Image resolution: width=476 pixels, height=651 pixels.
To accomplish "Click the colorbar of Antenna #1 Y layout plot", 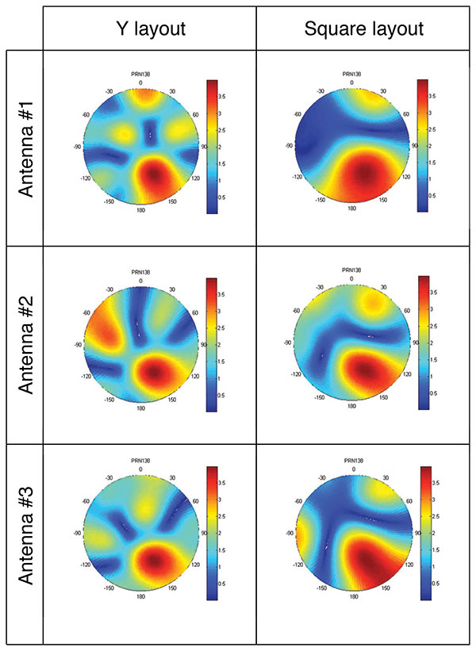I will pos(211,147).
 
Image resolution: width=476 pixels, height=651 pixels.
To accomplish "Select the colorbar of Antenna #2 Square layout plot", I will pos(423,343).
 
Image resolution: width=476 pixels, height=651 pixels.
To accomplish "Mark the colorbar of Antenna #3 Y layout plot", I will pos(211,534).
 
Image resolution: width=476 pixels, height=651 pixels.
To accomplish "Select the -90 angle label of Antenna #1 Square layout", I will pos(289,146).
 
